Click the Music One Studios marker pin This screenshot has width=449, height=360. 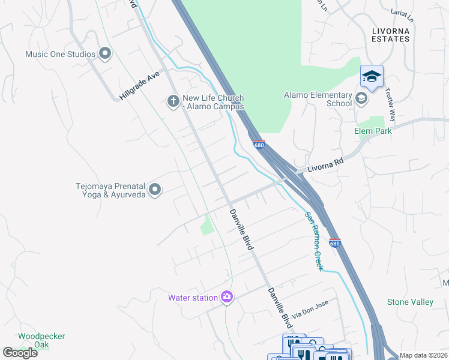click(105, 54)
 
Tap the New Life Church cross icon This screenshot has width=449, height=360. click(173, 101)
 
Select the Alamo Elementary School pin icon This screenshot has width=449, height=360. click(361, 98)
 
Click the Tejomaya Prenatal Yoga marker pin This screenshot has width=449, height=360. click(155, 190)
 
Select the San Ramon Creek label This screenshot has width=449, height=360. click(313, 241)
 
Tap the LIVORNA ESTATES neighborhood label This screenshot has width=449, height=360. click(390, 34)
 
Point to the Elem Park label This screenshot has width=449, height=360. click(373, 131)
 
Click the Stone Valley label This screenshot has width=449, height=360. click(410, 302)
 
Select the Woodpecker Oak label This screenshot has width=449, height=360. click(41, 340)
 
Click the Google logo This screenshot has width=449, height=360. click(20, 353)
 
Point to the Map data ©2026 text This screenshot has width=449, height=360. click(423, 355)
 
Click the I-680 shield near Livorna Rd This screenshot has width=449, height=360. click(259, 145)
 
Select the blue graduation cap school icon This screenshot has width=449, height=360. click(372, 77)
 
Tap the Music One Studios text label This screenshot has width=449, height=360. click(60, 54)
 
